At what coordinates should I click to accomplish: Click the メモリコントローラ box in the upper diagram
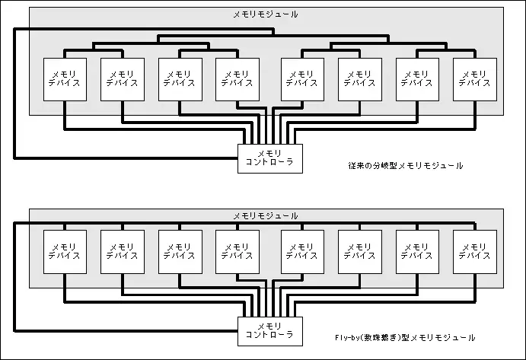pos(270,159)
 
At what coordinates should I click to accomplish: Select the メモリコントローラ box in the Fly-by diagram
pos(270,331)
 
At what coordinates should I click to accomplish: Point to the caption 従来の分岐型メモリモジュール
pos(406,165)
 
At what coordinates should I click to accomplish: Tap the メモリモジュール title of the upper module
pos(266,14)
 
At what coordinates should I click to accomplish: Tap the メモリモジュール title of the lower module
pos(266,215)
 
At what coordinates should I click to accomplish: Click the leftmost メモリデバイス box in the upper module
pos(65,79)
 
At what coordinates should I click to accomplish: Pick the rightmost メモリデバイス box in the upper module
pos(475,79)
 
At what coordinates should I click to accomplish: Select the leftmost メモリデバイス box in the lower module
pos(65,252)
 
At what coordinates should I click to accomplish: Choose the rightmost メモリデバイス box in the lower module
pos(475,252)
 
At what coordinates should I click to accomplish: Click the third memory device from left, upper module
pos(180,79)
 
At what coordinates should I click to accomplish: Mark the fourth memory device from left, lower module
pos(237,252)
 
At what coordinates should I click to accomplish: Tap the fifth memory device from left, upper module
pos(303,79)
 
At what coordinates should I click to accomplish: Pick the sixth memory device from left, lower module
pos(360,252)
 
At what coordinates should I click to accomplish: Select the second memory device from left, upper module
pos(123,79)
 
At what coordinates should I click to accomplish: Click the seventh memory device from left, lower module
pos(417,252)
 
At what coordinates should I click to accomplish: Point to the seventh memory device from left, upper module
pos(417,79)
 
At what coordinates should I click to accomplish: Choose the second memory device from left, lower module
pos(123,252)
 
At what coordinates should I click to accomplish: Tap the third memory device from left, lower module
pos(180,252)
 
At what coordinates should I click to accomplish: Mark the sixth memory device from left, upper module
pos(360,79)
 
